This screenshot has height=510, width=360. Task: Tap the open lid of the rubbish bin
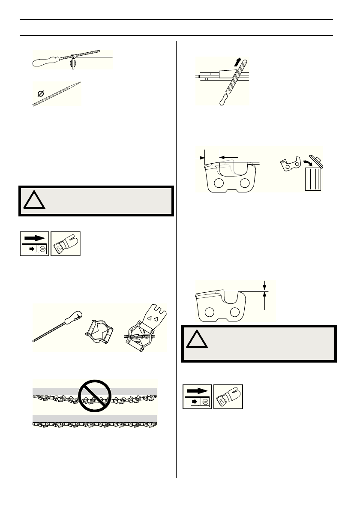pyautogui.click(x=317, y=161)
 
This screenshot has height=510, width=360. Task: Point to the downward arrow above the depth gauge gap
pyautogui.click(x=265, y=284)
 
